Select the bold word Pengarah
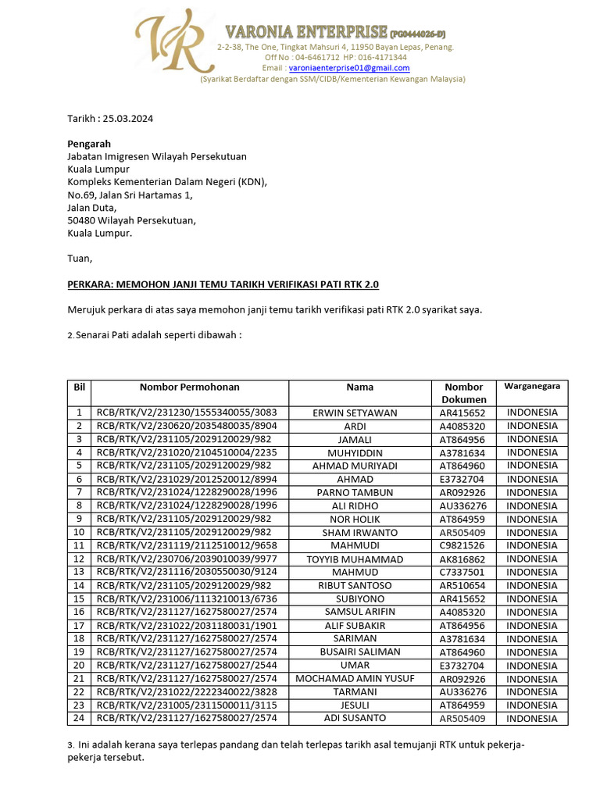coord(89,144)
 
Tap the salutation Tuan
coord(80,258)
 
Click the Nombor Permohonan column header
coord(190,387)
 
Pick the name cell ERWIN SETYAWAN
coord(355,412)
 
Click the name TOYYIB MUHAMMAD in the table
coord(355,559)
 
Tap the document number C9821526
coord(462,546)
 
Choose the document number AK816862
coord(462,559)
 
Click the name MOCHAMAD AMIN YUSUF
coord(355,678)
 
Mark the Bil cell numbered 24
coord(79,717)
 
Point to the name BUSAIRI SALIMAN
coord(355,652)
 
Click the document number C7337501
coord(462,573)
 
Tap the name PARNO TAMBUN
coord(355,493)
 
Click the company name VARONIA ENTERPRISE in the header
coord(306,32)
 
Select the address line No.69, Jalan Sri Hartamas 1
coord(130,195)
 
